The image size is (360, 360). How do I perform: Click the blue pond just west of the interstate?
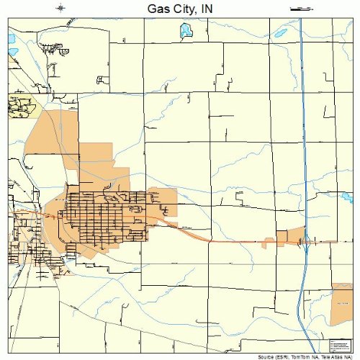click(280, 33)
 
